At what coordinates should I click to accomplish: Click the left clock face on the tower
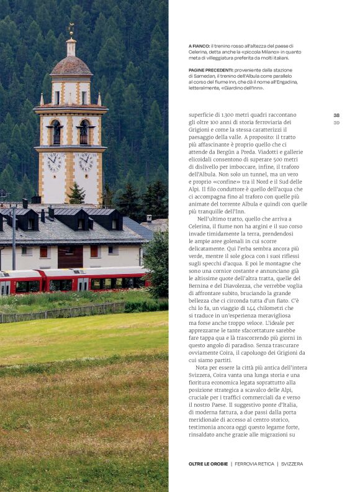54,162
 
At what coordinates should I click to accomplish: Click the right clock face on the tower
86,162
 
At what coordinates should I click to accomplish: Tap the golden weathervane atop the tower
71,29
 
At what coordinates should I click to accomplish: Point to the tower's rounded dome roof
71,65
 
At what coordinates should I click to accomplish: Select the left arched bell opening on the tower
56,132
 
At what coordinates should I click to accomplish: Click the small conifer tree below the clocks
76,194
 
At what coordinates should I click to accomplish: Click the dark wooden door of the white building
70,257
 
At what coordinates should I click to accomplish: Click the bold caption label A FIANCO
199,46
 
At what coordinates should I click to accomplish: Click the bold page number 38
336,115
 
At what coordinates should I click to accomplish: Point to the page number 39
336,122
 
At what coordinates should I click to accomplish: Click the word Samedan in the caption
202,76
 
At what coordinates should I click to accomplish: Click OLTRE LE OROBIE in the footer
208,463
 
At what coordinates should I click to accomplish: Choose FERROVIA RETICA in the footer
254,463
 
